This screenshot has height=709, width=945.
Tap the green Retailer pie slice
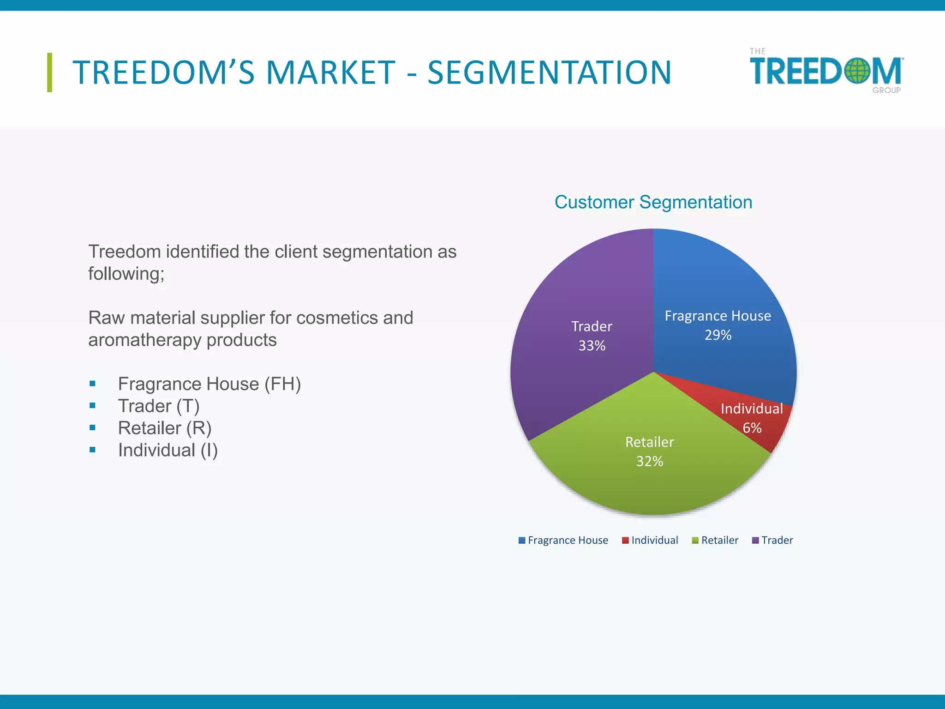tap(646, 480)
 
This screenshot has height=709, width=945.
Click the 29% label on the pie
tap(718, 335)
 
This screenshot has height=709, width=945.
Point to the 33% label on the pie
tap(592, 346)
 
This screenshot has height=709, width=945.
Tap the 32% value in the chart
tap(649, 462)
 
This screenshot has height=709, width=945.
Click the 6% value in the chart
tap(752, 428)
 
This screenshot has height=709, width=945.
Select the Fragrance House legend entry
tap(563, 541)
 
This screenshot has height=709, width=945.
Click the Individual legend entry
tap(650, 541)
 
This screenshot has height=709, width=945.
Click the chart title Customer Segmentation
tap(653, 202)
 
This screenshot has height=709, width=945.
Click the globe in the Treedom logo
tap(857, 71)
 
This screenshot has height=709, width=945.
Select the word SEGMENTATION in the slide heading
tap(549, 72)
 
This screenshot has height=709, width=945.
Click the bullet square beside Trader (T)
tap(93, 406)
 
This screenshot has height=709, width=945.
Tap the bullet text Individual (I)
tap(167, 450)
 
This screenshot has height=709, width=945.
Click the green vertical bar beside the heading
tap(49, 72)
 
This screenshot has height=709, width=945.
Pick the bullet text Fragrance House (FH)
tap(209, 384)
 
